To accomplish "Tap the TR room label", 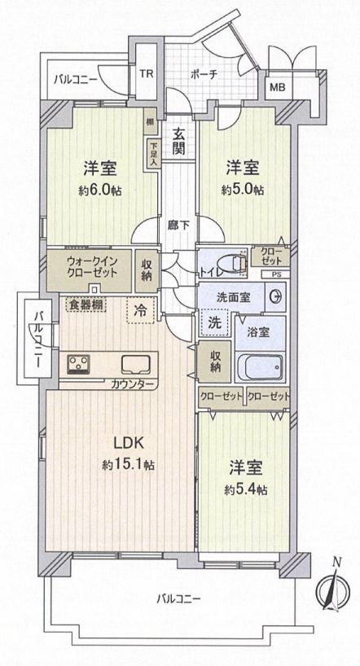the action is coord(147,73).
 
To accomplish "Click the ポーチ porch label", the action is coord(204,74).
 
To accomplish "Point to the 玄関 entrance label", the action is coord(178,142).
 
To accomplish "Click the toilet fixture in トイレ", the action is coord(232,264).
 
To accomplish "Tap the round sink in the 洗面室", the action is coord(274,296).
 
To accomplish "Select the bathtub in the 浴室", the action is coord(259,366).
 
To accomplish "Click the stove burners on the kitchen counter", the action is coord(77,364).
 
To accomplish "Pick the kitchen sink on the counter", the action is coord(135,364).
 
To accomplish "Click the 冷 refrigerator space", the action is coord(141,310).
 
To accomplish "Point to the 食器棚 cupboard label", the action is coord(86,305).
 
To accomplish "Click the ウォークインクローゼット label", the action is coord(90,265).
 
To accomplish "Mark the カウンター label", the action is coord(132,385).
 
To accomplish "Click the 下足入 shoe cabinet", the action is coord(152,154).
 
